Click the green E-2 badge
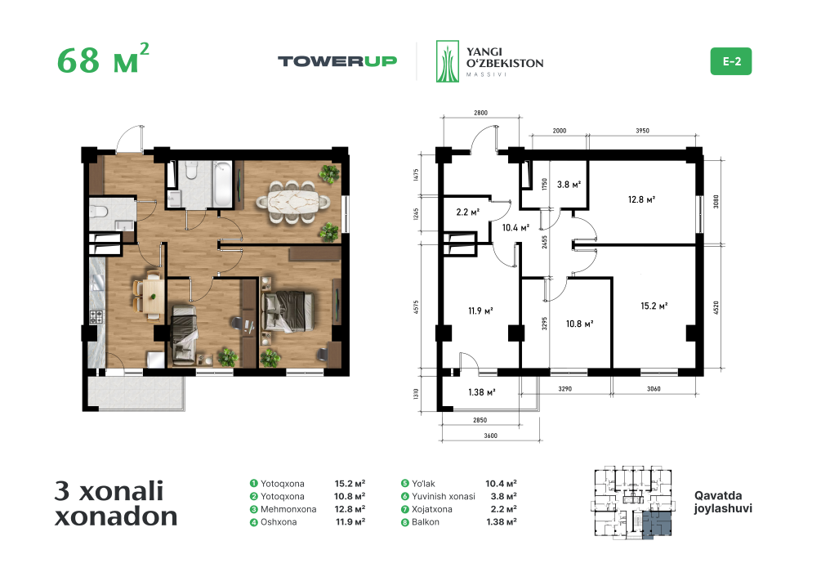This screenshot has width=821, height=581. pos(730,61)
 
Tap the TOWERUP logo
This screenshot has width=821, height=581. pos(337,61)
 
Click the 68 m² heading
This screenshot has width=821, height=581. pos(103,58)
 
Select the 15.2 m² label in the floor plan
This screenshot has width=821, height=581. pos(654,306)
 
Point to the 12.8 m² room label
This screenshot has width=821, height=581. pos(641,199)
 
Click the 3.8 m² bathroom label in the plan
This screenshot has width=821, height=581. pos(569,185)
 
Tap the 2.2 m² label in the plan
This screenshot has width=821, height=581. pos(467,212)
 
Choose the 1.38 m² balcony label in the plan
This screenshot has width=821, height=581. pos(482,392)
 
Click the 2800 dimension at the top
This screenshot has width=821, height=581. pos(480,113)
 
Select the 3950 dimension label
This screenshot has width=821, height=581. pos(642,131)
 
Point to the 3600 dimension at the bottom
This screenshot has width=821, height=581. pos(491,436)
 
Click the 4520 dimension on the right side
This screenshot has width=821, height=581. pos(716,307)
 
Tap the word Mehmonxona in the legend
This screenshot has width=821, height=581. pos(288,509)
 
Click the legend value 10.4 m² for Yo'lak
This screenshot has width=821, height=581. pos(501,484)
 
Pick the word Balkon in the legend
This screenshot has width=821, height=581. pos(425,522)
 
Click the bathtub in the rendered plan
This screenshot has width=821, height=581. pos(222,184)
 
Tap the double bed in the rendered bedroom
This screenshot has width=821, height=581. pos(288,311)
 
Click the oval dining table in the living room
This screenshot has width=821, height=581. pos(293,201)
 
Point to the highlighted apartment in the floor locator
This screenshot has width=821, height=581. pos(657,524)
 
